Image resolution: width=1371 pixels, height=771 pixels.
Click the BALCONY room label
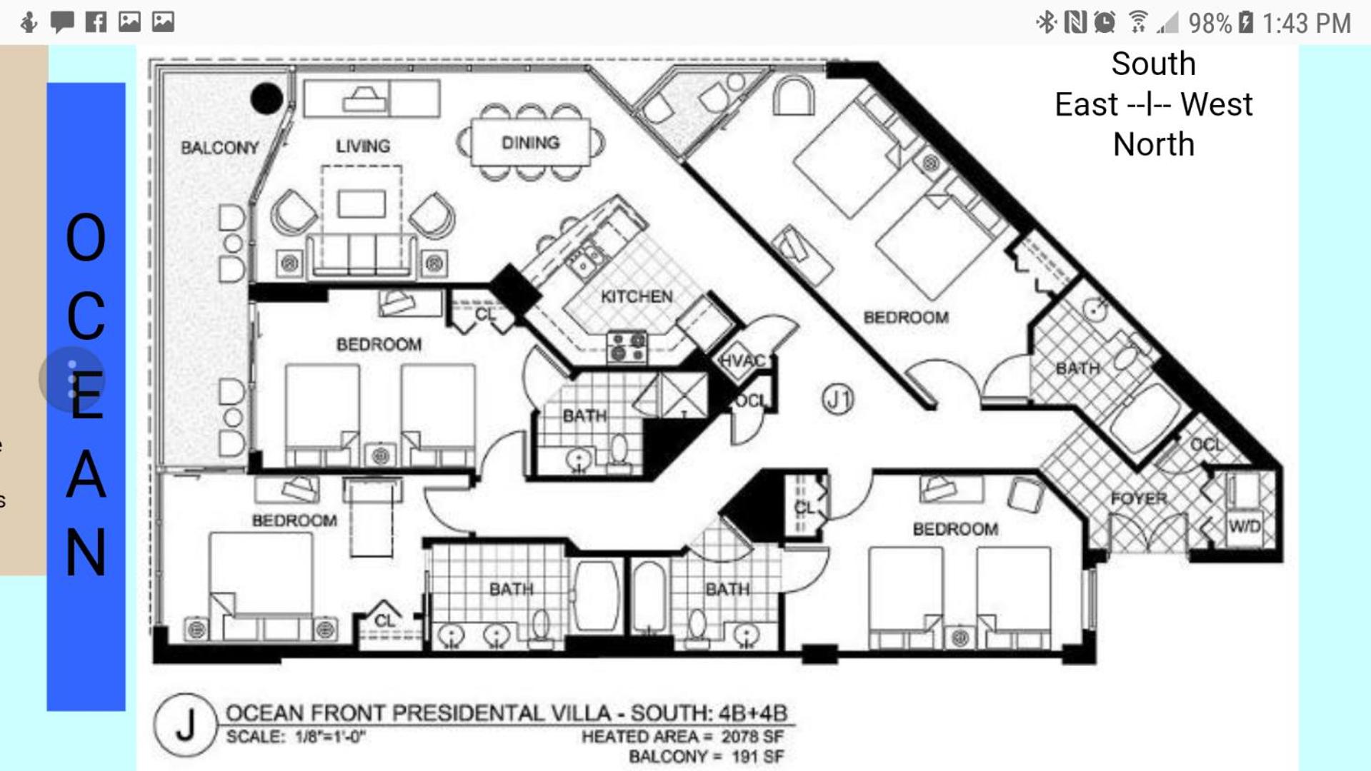click(x=219, y=148)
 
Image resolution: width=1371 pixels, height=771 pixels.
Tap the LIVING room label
click(x=363, y=146)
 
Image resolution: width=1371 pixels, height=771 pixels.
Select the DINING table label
click(x=530, y=143)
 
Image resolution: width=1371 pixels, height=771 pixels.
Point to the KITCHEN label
click(x=637, y=296)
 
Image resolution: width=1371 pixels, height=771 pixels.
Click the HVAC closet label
click(x=742, y=361)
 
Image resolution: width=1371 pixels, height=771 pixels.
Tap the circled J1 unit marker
click(x=837, y=399)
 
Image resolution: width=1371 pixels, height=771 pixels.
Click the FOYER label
click(x=1139, y=498)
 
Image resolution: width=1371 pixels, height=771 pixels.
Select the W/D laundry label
click(x=1245, y=527)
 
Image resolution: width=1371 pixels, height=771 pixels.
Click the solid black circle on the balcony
click(x=266, y=99)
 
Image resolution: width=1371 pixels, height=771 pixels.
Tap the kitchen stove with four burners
click(x=627, y=347)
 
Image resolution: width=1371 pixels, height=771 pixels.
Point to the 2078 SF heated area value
click(x=752, y=736)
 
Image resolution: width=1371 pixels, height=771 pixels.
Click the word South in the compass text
click(x=1153, y=64)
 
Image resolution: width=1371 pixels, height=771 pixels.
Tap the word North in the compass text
click(x=1153, y=145)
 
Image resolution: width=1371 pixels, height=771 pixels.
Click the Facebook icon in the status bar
click(x=96, y=22)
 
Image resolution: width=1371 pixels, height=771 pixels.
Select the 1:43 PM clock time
click(x=1306, y=24)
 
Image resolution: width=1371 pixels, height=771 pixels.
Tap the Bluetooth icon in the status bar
click(x=1046, y=22)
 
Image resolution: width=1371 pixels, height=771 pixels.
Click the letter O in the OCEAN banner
click(x=86, y=238)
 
